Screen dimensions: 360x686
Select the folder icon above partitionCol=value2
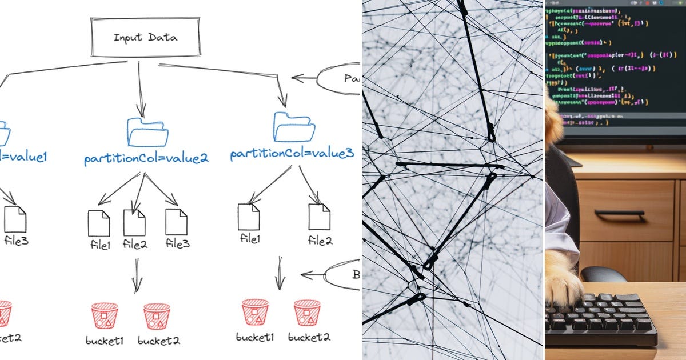coord(147,132)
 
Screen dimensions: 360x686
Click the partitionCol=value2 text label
coord(146,158)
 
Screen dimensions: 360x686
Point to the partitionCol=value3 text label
coord(292,154)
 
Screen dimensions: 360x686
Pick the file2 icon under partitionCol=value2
coord(134,222)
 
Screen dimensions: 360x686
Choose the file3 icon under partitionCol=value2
coord(176,222)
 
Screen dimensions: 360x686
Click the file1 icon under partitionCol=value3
coord(249,217)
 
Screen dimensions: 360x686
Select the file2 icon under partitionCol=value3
coord(319,217)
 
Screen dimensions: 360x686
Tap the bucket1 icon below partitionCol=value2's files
coord(105,315)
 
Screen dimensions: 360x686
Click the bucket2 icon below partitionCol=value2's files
coord(157,315)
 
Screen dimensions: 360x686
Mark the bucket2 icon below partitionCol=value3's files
coord(307,312)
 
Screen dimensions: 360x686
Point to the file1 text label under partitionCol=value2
coord(99,245)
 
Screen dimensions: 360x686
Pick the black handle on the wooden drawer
coord(619,214)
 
